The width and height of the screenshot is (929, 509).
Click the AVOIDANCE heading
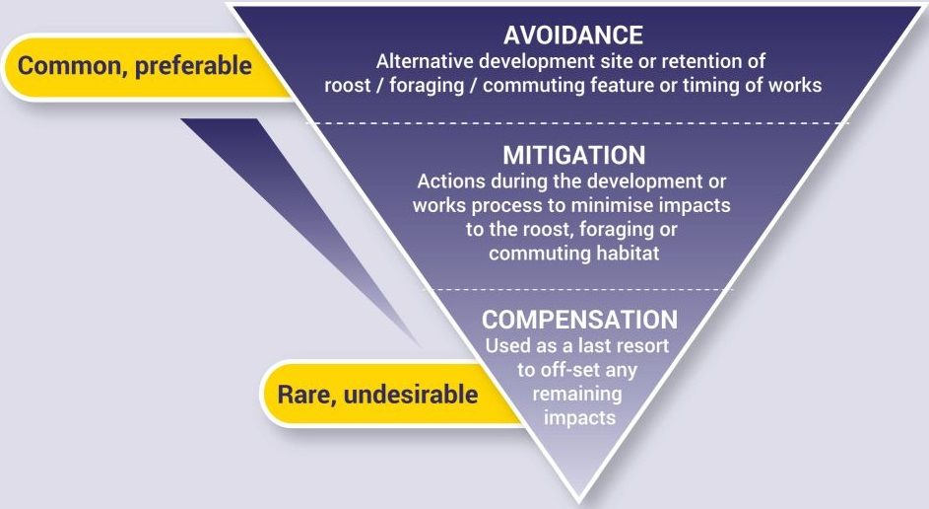573,36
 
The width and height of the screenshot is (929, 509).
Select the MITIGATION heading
573,156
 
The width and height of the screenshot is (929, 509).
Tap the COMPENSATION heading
579,320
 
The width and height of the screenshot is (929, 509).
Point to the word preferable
193,66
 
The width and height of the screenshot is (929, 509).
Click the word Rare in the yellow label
307,395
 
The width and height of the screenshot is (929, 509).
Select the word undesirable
411,395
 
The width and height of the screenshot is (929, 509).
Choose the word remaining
577,394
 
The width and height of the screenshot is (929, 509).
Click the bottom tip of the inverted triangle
579,503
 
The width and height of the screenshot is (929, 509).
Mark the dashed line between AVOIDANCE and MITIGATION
577,123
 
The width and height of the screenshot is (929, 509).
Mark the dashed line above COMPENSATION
582,289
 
